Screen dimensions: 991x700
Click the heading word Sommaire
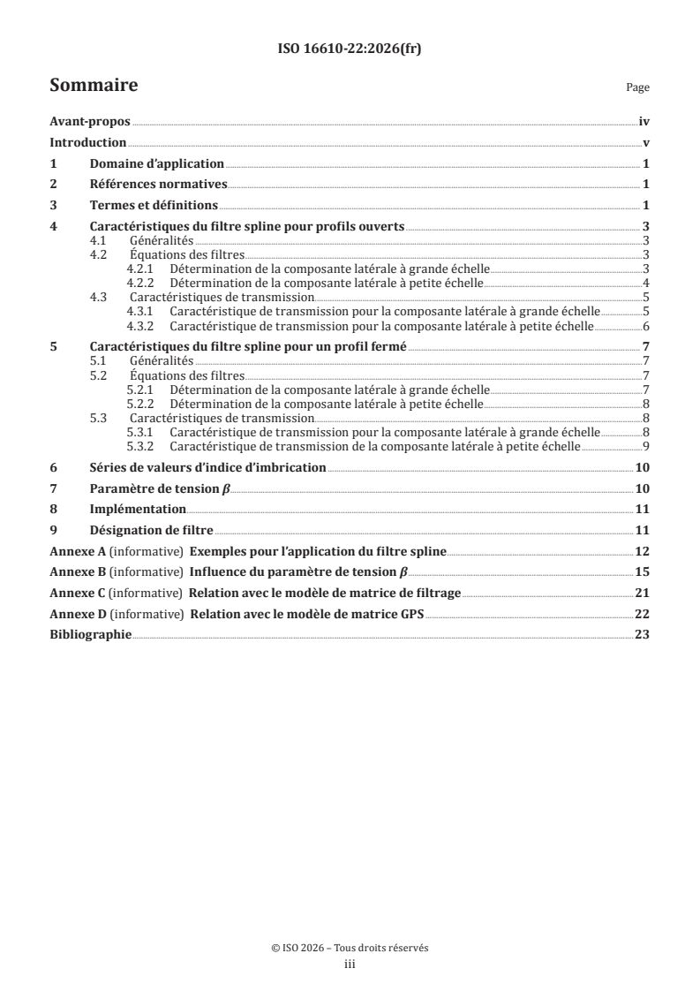coord(93,86)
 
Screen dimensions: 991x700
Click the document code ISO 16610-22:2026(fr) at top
coord(350,49)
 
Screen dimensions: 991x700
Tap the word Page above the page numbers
coord(637,88)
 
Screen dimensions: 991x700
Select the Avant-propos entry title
coord(89,123)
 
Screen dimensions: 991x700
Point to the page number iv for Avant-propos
coord(644,123)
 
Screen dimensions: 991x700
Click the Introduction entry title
coord(88,143)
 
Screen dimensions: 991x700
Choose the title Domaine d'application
coord(157,163)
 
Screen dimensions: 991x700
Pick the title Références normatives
coord(159,184)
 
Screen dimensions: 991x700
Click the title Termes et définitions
coord(154,205)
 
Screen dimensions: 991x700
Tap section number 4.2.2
coord(140,282)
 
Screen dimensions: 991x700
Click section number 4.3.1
coord(140,311)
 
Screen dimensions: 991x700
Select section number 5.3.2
coord(140,447)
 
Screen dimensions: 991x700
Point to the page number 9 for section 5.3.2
coord(647,447)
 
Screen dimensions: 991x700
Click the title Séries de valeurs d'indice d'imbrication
coord(208,467)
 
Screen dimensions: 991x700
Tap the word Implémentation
coord(138,509)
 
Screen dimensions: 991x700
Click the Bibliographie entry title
coord(90,633)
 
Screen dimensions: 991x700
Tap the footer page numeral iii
coord(350,965)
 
